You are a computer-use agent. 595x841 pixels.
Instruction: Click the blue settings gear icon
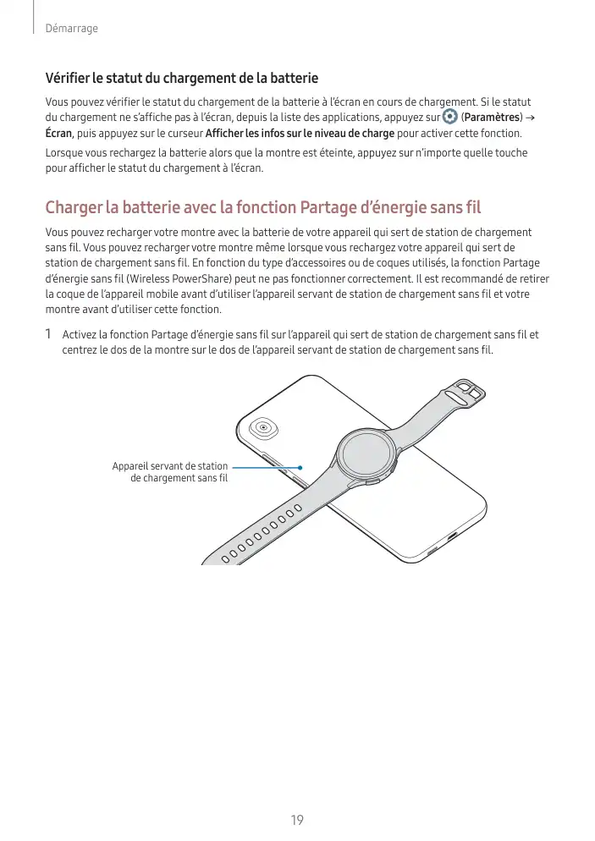coord(449,116)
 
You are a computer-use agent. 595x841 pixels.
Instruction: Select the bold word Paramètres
coord(491,117)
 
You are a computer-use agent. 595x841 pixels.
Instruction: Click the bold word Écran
coord(58,134)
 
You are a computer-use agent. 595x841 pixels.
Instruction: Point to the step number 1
coord(49,334)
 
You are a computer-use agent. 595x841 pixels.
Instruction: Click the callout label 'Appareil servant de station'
coord(170,466)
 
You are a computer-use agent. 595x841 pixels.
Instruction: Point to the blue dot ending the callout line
coord(300,467)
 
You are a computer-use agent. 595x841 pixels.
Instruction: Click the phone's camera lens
coord(265,427)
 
